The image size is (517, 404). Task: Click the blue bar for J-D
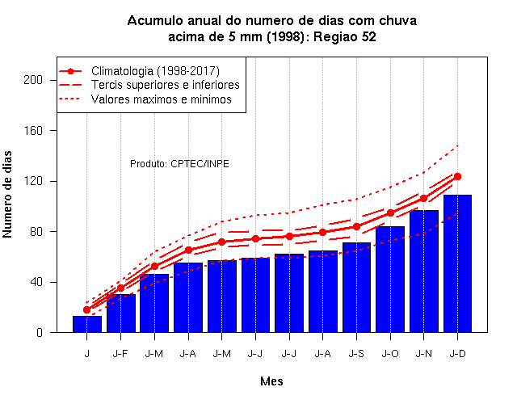457,263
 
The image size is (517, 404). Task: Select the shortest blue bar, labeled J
87,324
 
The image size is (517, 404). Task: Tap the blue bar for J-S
356,288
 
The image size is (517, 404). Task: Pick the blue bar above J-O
390,280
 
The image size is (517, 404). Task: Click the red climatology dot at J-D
457,176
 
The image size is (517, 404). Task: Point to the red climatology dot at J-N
423,198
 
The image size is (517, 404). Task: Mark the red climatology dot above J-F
120,288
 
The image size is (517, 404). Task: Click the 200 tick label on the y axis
33,80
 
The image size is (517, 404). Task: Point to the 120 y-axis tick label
33,181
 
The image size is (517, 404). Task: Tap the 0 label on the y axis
40,332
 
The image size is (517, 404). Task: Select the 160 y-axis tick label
33,131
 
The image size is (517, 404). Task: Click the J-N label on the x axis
423,354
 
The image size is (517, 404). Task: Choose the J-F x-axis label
120,354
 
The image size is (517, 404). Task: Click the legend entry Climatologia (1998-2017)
155,71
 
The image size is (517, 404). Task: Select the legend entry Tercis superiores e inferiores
165,85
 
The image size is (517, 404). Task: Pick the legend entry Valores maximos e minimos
162,99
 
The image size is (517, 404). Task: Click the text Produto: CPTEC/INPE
179,163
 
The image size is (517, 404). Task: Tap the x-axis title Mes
271,381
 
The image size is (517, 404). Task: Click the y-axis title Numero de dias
7,194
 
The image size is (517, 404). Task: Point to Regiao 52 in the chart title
345,37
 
